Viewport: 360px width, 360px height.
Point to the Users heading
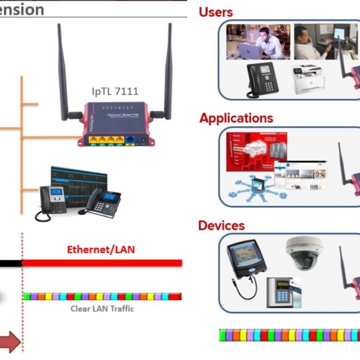click(x=215, y=12)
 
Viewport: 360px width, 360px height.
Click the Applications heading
click(x=236, y=118)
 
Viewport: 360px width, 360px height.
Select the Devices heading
click(x=221, y=226)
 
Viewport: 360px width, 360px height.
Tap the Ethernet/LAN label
click(x=100, y=249)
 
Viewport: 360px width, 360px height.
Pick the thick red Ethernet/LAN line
click(x=102, y=263)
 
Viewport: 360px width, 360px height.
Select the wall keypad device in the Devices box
click(x=279, y=292)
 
